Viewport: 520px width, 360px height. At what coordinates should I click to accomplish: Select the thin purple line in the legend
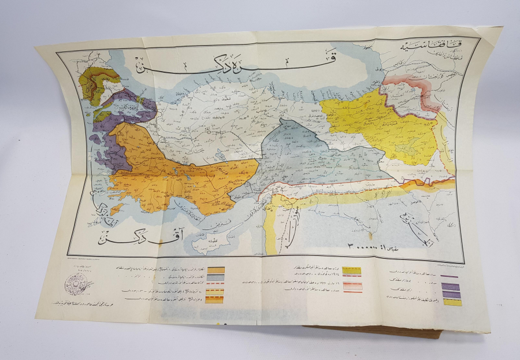point(449,276)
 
